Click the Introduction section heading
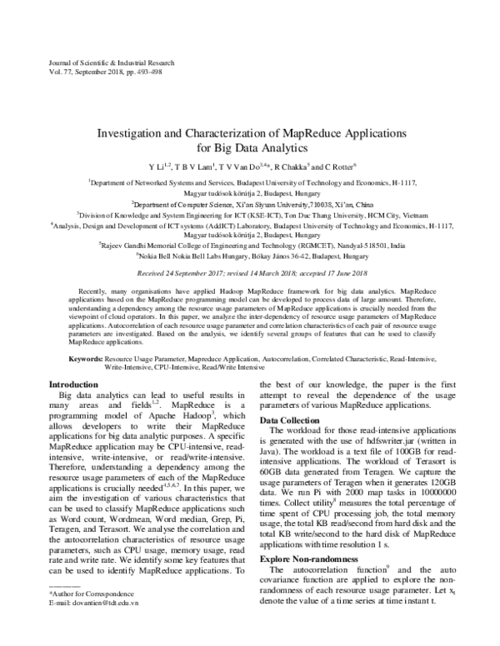point(74,384)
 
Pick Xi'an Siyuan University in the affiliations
point(248,202)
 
